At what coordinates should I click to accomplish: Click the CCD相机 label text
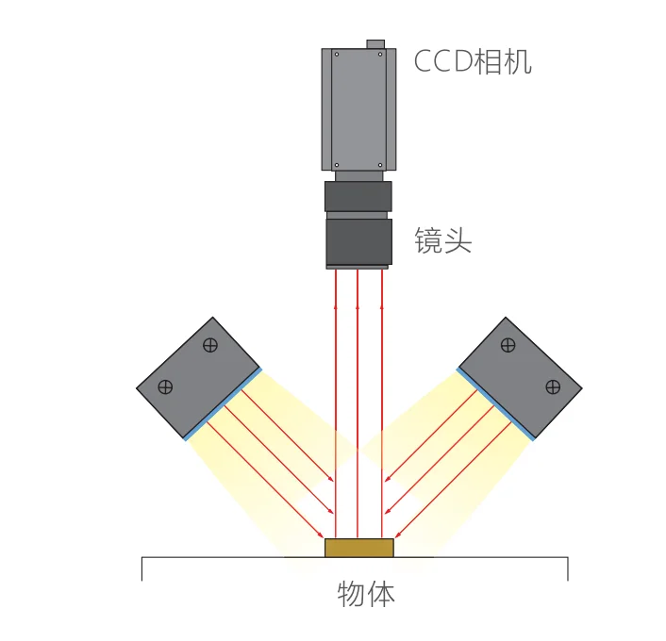[x=473, y=62]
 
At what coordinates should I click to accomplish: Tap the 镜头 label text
[x=443, y=240]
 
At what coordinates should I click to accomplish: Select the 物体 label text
[x=366, y=594]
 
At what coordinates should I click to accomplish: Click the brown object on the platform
[x=358, y=548]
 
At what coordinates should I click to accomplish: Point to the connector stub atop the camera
[x=375, y=44]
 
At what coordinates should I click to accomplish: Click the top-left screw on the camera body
[x=337, y=55]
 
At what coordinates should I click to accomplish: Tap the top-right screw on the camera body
[x=380, y=55]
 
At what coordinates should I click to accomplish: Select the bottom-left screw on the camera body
[x=337, y=165]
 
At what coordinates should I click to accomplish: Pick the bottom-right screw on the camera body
[x=380, y=165]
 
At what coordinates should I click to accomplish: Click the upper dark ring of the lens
[x=358, y=197]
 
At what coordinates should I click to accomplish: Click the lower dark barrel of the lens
[x=358, y=241]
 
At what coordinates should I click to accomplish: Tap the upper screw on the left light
[x=210, y=345]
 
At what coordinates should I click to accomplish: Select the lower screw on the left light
[x=165, y=386]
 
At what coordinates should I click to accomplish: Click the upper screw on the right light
[x=508, y=345]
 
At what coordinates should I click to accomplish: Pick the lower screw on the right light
[x=553, y=386]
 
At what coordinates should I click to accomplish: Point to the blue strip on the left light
[x=223, y=404]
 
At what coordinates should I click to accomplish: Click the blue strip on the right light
[x=495, y=404]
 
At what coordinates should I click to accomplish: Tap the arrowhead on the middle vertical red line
[x=358, y=307]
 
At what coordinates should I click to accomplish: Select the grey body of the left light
[x=198, y=377]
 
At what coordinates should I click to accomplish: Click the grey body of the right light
[x=521, y=377]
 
